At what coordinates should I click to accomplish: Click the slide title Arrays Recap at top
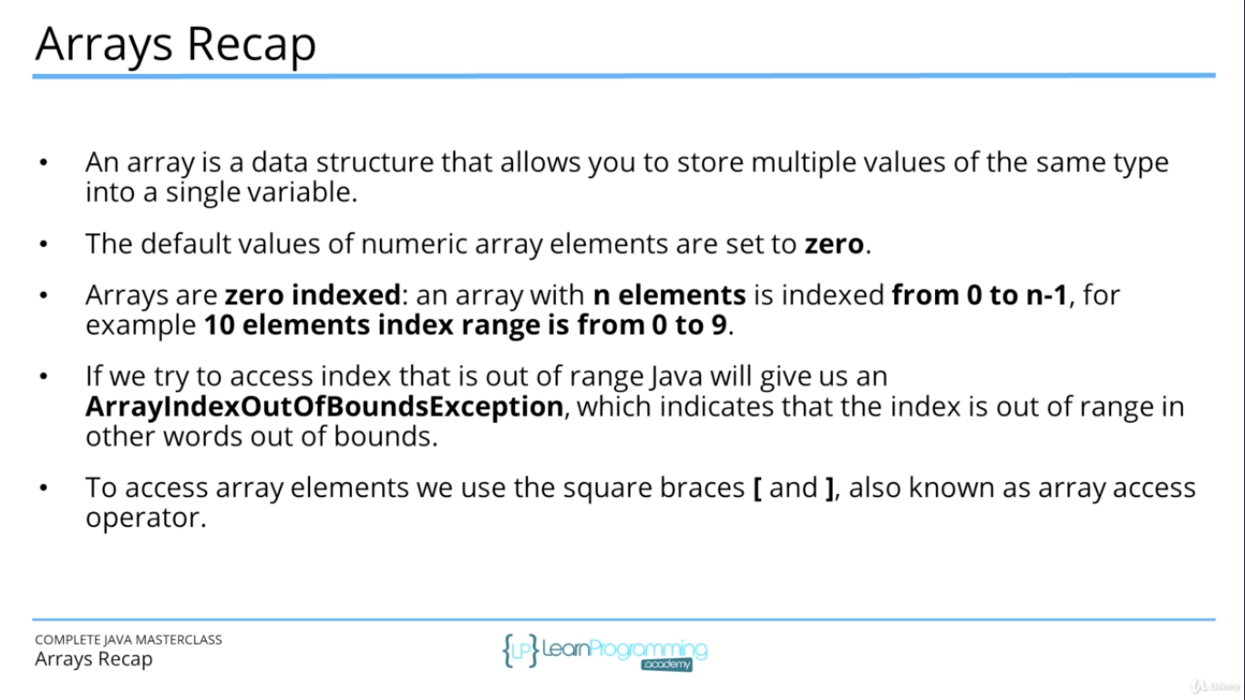click(x=175, y=44)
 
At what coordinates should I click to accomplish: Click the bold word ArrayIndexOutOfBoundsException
click(x=324, y=407)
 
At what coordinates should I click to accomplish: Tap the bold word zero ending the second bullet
click(x=833, y=244)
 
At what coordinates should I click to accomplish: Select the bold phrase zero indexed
click(x=313, y=295)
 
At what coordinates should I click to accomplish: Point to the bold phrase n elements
click(x=669, y=295)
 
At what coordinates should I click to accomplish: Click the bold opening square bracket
click(x=757, y=488)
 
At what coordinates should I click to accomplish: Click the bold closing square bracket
click(x=828, y=488)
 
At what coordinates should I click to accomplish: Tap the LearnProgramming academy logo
click(x=605, y=651)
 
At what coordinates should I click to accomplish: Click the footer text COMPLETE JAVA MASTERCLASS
click(x=129, y=640)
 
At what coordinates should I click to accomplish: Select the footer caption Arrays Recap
click(x=94, y=659)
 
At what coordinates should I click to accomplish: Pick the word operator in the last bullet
click(x=140, y=519)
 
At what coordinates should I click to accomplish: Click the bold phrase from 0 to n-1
click(x=979, y=295)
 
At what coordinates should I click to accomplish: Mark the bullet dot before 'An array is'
click(x=43, y=163)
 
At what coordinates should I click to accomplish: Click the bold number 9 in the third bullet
click(x=719, y=325)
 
